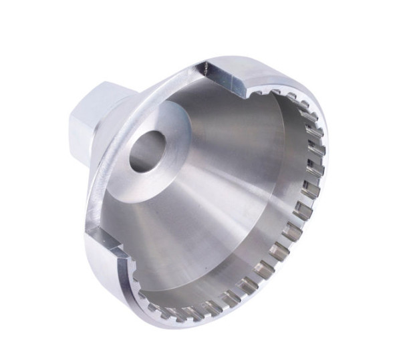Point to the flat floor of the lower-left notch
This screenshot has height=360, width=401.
click(x=107, y=242)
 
